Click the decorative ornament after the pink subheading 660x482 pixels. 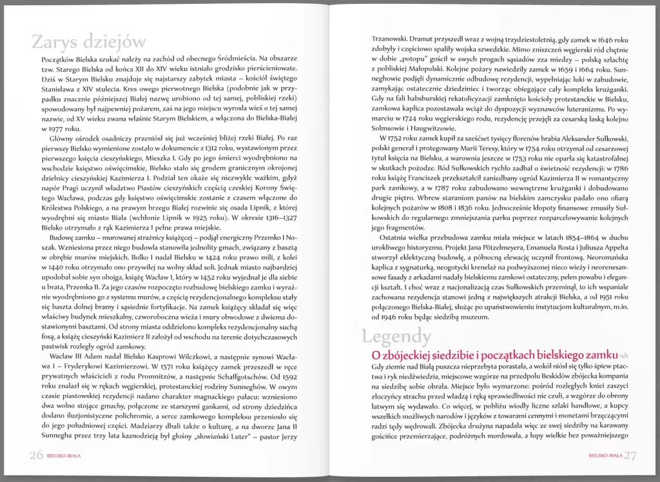point(623,356)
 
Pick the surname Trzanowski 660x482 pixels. point(384,39)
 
